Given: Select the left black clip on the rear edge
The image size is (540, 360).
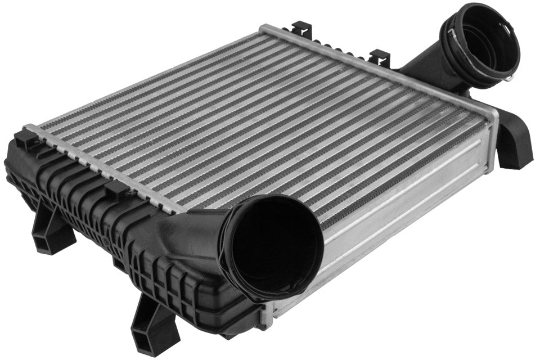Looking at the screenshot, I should [302, 29].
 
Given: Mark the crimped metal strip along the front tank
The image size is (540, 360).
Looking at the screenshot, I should [101, 169].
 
